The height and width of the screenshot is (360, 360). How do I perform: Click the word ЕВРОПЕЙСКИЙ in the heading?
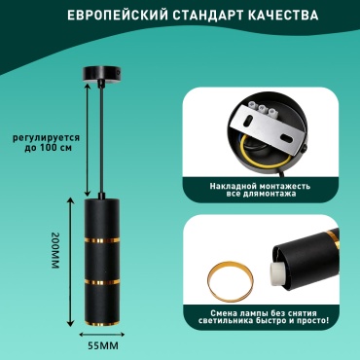[x=116, y=16]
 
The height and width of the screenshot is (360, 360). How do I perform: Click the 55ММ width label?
[x=103, y=345]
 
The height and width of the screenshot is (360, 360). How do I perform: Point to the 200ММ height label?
[x=54, y=251]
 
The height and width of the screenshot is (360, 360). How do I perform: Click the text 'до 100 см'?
[x=49, y=148]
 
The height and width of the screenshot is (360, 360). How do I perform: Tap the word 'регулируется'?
[x=47, y=138]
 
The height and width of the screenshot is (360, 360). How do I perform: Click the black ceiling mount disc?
[x=102, y=74]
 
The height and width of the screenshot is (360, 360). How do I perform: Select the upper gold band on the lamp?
[x=102, y=240]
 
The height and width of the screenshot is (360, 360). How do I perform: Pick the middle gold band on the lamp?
[x=102, y=282]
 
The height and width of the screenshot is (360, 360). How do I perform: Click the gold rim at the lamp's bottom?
[x=102, y=323]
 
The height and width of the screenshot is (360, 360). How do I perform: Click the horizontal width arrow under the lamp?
[x=102, y=335]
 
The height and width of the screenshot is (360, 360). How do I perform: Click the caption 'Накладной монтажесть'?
[x=260, y=186]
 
